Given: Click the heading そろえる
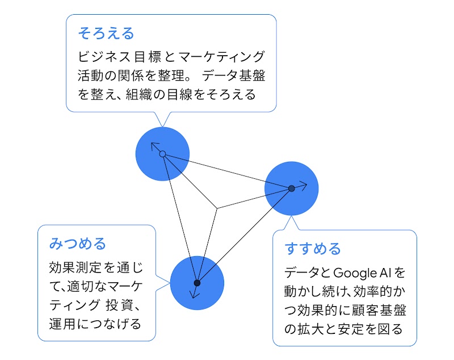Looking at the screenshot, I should pyautogui.click(x=106, y=34).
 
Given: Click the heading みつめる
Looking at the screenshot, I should pyautogui.click(x=78, y=244).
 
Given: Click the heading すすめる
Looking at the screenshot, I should pyautogui.click(x=313, y=249).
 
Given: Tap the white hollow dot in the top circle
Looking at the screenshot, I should pyautogui.click(x=162, y=154).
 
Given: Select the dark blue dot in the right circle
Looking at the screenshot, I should pyautogui.click(x=291, y=189).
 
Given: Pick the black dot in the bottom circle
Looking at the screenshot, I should pyautogui.click(x=197, y=283).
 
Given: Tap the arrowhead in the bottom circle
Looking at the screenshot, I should pyautogui.click(x=195, y=294).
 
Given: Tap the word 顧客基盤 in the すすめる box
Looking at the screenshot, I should pyautogui.click(x=384, y=310).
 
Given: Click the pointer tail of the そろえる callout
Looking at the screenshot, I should pyautogui.click(x=163, y=119).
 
